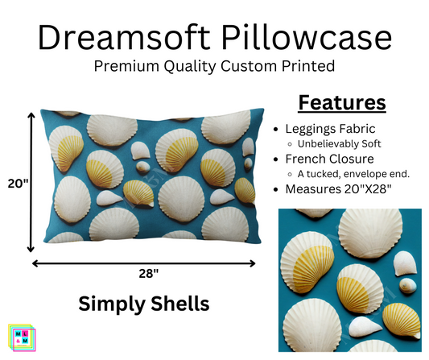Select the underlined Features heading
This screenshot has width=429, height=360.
pyautogui.click(x=341, y=103)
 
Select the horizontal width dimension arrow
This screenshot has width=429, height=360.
pyautogui.click(x=144, y=262)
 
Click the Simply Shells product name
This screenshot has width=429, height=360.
pyautogui.click(x=143, y=303)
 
